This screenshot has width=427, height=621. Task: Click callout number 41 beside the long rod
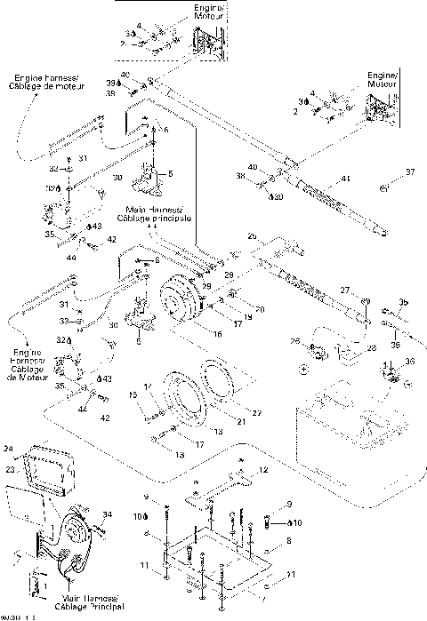[x=346, y=179]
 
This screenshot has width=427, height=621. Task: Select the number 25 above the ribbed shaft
[x=252, y=236]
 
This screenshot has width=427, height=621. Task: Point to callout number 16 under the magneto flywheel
[x=216, y=337]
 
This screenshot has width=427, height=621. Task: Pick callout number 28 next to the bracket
[x=371, y=347]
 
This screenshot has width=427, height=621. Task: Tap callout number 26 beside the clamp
[x=294, y=342]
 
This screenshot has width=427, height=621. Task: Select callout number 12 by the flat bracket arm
[x=262, y=469]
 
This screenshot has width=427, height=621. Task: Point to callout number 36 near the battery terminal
[x=409, y=361]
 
